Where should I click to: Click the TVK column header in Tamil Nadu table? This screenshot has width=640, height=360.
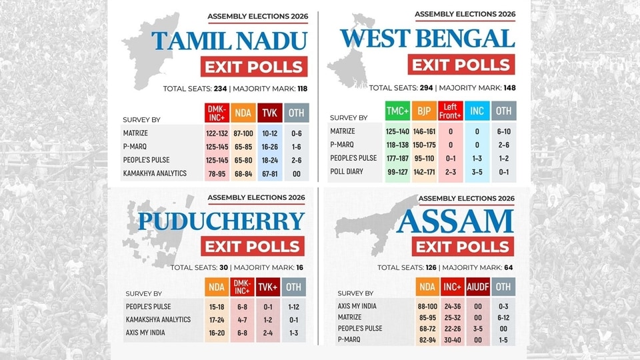270,113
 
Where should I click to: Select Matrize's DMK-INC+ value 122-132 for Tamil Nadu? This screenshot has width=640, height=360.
217,133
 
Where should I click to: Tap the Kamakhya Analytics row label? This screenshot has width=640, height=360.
155,173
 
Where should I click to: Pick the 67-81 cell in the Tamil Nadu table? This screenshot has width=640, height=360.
270,174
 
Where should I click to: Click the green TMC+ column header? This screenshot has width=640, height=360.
397,111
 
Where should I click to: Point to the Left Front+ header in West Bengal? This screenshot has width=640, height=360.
450,111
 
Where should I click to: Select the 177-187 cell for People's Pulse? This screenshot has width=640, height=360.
397,159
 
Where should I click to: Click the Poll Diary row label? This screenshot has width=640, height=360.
347,171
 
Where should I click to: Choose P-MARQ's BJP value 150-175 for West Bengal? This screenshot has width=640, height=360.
424,145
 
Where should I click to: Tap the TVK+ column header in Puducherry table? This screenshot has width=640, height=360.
268,287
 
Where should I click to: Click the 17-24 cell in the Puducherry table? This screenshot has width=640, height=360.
216,320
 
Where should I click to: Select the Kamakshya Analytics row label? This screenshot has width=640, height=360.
158,319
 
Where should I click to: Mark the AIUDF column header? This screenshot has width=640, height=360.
477,287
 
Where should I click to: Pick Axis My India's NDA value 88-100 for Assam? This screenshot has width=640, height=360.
427,307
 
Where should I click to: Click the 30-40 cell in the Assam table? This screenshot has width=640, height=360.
452,340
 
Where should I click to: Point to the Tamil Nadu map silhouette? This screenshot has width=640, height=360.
151,49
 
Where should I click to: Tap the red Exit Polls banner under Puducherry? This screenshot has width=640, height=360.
253,246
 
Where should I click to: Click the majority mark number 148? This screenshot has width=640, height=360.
509,88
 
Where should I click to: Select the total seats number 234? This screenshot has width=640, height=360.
221,89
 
